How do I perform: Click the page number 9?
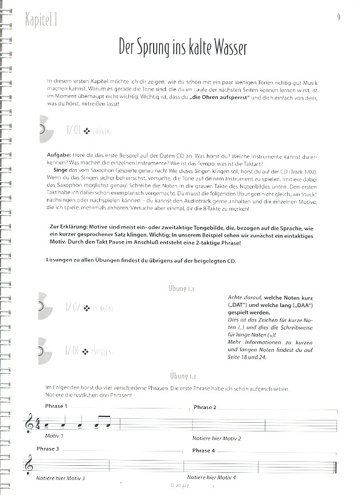pyautogui.click(x=339, y=18)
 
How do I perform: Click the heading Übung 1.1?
pyautogui.click(x=182, y=289)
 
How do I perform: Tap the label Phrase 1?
pyautogui.click(x=56, y=406)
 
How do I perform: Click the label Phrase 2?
pyautogui.click(x=205, y=407)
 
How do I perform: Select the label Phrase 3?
pyautogui.click(x=48, y=449)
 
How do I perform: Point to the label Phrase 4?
pyautogui.click(x=204, y=450)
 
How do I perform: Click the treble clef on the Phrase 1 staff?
pyautogui.click(x=29, y=425)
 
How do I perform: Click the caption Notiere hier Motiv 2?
pyautogui.click(x=217, y=438)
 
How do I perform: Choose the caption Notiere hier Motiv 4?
pyautogui.click(x=211, y=477)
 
